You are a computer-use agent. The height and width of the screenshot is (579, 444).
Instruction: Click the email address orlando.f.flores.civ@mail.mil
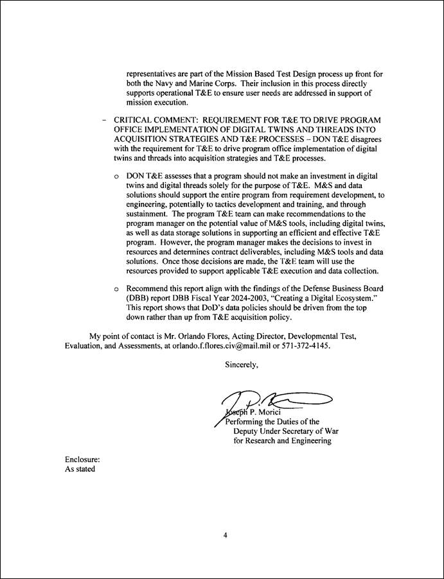249,345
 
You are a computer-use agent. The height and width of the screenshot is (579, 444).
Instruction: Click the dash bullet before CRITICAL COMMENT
103,120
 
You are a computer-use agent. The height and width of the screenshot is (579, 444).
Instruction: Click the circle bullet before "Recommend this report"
116,289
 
